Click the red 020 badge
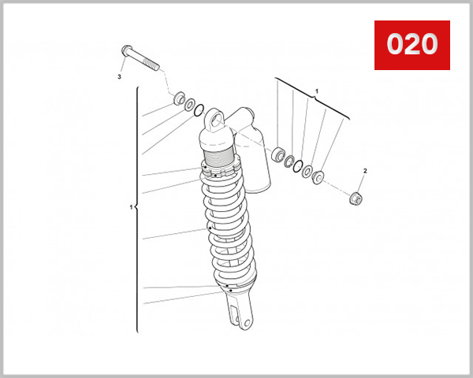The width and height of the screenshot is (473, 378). (411, 45)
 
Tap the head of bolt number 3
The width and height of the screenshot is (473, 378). (126, 51)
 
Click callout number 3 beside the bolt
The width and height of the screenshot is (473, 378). (119, 77)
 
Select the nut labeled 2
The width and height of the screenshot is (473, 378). (355, 197)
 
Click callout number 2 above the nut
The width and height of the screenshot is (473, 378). (364, 171)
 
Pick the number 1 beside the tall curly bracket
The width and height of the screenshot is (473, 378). (131, 208)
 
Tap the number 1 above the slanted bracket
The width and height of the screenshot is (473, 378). (316, 91)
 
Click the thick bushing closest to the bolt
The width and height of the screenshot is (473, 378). (178, 100)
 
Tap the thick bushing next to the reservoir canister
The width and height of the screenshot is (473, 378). (278, 154)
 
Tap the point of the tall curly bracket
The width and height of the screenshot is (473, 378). (136, 208)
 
